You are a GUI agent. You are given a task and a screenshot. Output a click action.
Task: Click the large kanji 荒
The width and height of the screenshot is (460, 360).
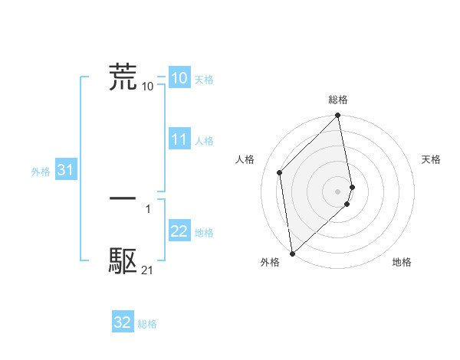click(123, 77)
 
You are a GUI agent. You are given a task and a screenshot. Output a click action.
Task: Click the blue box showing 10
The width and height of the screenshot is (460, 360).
click(179, 78)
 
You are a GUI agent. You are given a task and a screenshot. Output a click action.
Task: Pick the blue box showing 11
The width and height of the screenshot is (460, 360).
click(179, 140)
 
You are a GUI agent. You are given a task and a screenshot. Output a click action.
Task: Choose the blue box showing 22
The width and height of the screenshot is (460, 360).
click(179, 232)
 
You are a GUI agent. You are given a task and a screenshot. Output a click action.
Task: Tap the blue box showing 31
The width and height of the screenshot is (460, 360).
click(65, 171)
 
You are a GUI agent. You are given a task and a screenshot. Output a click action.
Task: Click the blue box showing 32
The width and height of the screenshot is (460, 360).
click(123, 322)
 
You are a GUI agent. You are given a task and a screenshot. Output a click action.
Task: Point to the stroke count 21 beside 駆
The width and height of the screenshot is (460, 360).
click(147, 270)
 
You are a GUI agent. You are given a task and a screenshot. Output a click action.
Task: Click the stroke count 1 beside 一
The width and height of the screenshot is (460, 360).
click(147, 208)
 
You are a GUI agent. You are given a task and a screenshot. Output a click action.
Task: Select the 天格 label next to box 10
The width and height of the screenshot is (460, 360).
click(204, 80)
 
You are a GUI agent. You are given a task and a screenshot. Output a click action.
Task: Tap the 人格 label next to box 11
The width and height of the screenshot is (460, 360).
click(204, 141)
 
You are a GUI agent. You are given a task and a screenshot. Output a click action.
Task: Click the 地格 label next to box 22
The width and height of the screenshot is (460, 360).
click(204, 233)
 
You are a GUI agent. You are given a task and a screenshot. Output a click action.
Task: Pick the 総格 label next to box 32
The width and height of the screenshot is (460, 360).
click(147, 324)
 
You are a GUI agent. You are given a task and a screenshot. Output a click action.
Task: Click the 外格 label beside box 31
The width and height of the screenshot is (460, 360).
click(41, 172)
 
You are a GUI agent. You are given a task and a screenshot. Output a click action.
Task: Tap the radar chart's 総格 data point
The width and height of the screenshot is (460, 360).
click(338, 116)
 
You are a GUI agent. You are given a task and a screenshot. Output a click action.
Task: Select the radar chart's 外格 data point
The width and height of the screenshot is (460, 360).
click(291, 254)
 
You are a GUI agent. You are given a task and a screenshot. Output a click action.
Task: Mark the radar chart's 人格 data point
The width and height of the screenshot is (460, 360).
click(280, 172)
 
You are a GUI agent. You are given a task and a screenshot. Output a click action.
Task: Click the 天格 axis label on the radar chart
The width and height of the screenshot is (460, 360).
click(431, 159)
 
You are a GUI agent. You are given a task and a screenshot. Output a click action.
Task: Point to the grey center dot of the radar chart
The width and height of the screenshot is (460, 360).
click(338, 191)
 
